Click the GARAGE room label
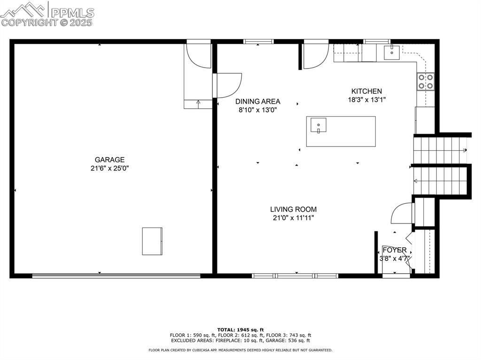point(109,160)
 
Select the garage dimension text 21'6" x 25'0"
point(109,168)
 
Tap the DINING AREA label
point(257,101)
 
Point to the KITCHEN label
point(366,91)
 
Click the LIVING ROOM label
point(293,209)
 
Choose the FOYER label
point(394,250)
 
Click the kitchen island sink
point(318,125)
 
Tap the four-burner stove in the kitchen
point(426,82)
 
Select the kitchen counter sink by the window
point(391,52)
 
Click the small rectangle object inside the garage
point(152,241)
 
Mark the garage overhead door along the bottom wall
point(116,276)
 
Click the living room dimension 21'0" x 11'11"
point(293,218)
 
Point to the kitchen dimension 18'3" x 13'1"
point(366,100)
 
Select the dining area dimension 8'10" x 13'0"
point(257,110)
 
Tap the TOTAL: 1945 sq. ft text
point(240,329)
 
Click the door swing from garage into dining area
point(228,84)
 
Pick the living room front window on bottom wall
point(295,276)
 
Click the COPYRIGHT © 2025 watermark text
point(47,22)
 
